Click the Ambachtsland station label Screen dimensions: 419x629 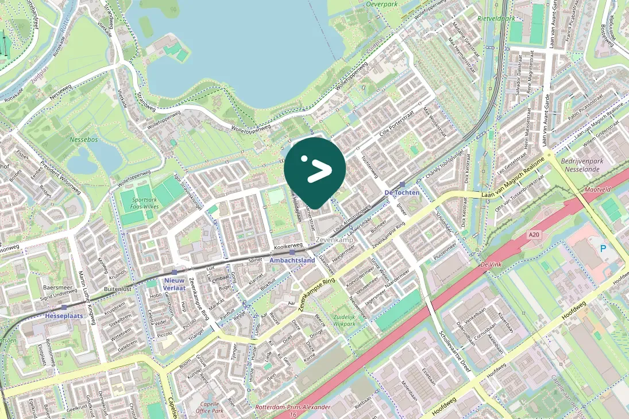pyautogui.click(x=292, y=260)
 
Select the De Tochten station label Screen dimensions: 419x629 pyautogui.click(x=402, y=192)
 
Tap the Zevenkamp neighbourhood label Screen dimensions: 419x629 pyautogui.click(x=334, y=239)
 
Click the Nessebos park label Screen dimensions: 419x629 pyautogui.click(x=84, y=139)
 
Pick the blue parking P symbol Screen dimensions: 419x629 pyautogui.click(x=603, y=249)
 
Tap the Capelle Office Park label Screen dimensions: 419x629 pyautogui.click(x=209, y=406)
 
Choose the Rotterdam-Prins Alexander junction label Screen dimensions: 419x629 pyautogui.click(x=293, y=410)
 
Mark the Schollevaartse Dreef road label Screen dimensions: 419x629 pyautogui.click(x=454, y=351)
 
